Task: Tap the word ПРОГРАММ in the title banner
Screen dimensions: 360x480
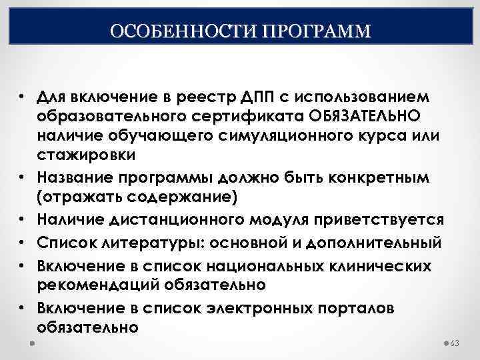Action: click(x=321, y=31)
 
